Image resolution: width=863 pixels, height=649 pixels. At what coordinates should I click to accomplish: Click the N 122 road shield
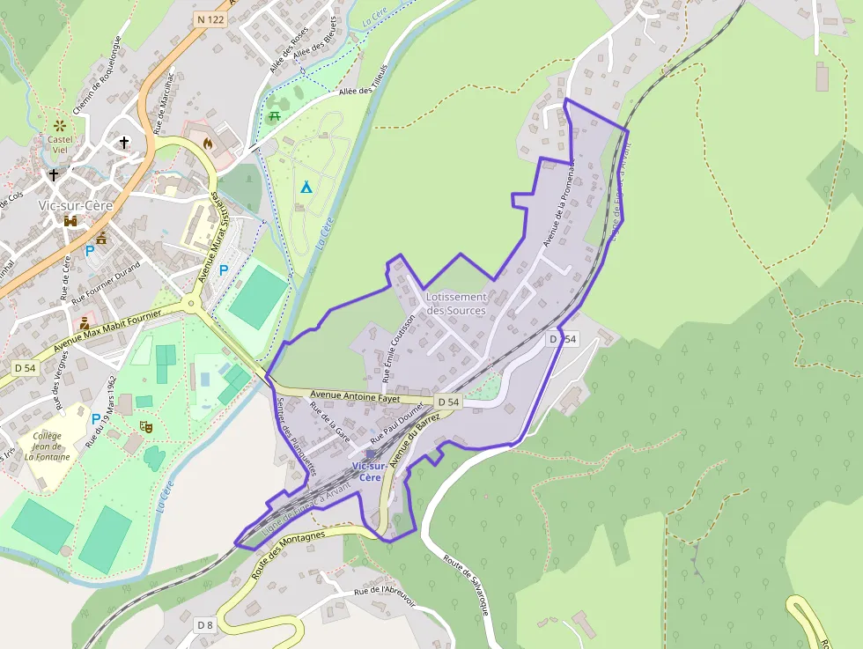click(x=210, y=18)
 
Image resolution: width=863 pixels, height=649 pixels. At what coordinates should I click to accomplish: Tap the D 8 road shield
click(x=204, y=624)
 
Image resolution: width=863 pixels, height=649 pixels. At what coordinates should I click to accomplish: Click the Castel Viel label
click(x=60, y=144)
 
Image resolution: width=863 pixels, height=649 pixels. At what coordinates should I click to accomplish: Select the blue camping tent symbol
click(x=306, y=187)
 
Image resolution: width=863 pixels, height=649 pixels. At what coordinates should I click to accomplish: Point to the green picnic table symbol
click(x=275, y=115)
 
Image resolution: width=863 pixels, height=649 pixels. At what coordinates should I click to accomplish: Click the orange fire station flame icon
click(x=208, y=142)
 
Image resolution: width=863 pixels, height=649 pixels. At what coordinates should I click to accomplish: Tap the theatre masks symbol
click(x=145, y=426)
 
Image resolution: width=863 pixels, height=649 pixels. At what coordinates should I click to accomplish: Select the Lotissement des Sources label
click(x=456, y=303)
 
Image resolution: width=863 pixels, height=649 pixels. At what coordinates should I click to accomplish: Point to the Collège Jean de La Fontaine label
click(x=48, y=446)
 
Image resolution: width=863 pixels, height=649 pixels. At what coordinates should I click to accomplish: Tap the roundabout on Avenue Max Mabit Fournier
click(x=191, y=305)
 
